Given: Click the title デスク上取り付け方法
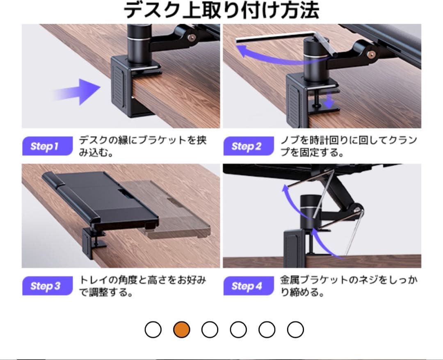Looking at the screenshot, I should coord(221,11).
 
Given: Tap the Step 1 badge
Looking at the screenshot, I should coord(45,146).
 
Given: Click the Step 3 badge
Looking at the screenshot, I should coord(45,286).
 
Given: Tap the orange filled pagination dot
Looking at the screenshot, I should coord(181,329).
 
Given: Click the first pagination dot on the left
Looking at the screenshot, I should coord(153,329).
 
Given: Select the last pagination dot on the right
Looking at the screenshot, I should coord(295,329).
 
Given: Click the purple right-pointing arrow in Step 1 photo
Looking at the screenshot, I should coord(80,91).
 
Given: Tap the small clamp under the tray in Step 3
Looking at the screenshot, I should coord(92,242).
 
